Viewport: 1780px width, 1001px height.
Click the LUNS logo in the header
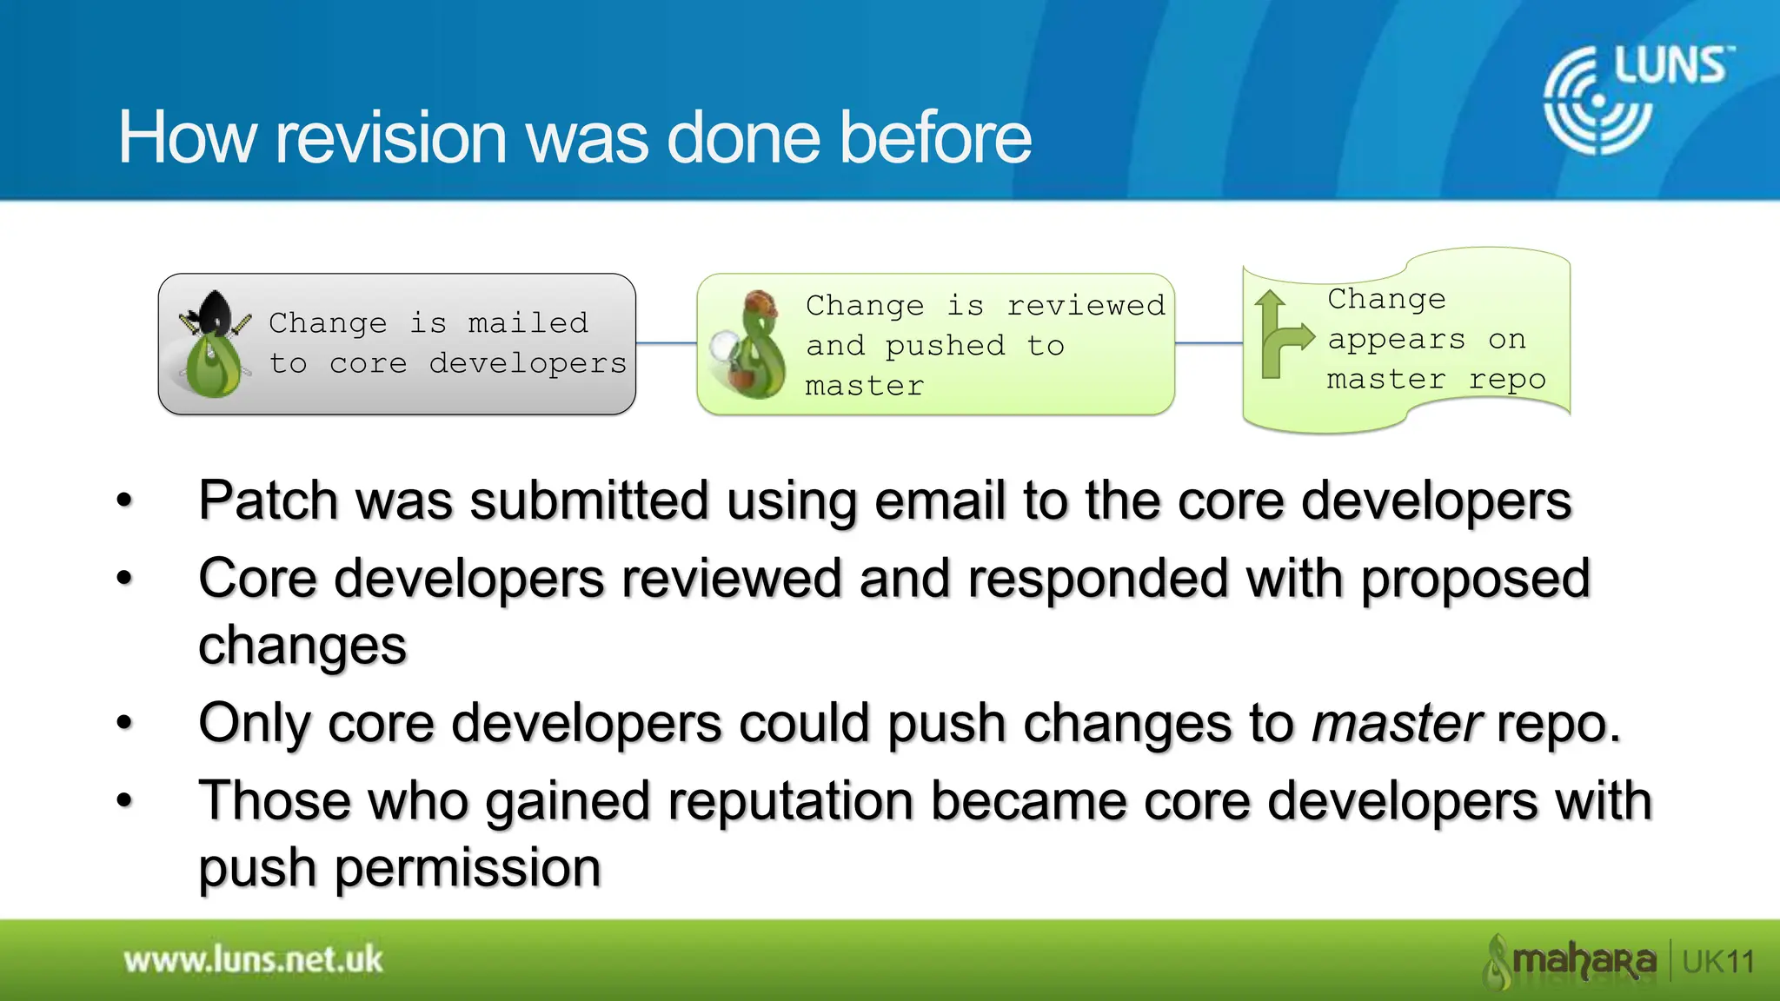1637,98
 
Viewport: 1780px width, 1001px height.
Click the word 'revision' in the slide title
390,137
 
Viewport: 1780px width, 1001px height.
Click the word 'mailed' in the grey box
528,323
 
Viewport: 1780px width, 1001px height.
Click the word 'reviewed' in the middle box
1086,306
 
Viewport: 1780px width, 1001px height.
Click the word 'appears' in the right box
1396,340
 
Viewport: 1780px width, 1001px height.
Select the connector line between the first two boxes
666,344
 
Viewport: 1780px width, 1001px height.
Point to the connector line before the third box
1208,344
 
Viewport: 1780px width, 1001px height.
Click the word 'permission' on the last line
467,868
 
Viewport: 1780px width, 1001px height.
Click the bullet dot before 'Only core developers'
125,723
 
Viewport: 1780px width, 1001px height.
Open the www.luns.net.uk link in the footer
253,960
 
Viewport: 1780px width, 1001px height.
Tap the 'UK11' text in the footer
1718,962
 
